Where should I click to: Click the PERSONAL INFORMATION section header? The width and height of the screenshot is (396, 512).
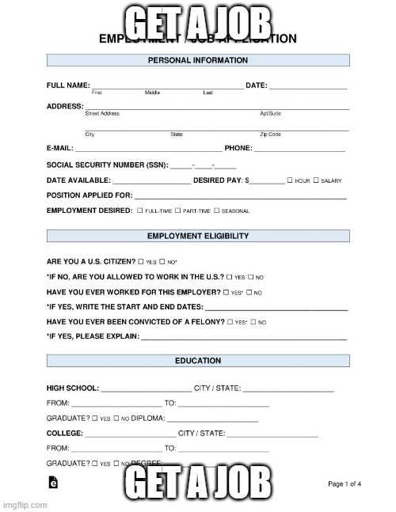pyautogui.click(x=197, y=61)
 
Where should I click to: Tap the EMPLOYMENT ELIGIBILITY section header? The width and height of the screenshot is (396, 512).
pyautogui.click(x=197, y=236)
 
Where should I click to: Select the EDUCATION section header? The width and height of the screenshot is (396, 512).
pyautogui.click(x=197, y=362)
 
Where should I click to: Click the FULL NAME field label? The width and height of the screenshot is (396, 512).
pyautogui.click(x=68, y=85)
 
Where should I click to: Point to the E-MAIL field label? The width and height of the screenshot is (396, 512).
pyautogui.click(x=60, y=148)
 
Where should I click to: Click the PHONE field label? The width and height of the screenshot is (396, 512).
pyautogui.click(x=238, y=148)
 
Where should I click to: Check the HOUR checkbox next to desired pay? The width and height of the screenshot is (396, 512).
pyautogui.click(x=290, y=180)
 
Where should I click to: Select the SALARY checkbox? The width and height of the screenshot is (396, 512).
pyautogui.click(x=316, y=180)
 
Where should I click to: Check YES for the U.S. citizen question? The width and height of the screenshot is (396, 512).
pyautogui.click(x=141, y=261)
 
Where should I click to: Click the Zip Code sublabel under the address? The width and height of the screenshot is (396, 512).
pyautogui.click(x=270, y=135)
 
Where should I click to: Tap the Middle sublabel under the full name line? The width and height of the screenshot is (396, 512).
pyautogui.click(x=152, y=93)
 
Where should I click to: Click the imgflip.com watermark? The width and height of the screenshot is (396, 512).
pyautogui.click(x=23, y=503)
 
